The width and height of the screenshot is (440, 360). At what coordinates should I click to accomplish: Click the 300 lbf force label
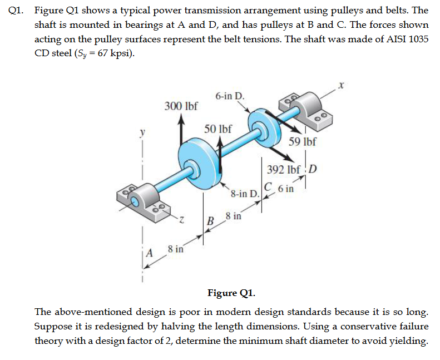[x=181, y=106]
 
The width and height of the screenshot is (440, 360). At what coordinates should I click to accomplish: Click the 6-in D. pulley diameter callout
[x=229, y=95]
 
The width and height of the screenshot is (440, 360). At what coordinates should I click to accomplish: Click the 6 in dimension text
[x=285, y=188]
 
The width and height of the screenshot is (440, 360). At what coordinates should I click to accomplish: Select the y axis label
[x=142, y=133]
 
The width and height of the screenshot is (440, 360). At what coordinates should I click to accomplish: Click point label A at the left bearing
[x=149, y=253]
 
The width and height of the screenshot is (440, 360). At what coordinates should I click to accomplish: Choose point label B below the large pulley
[x=211, y=221]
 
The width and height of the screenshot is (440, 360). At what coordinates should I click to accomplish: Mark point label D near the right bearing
[x=312, y=169]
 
